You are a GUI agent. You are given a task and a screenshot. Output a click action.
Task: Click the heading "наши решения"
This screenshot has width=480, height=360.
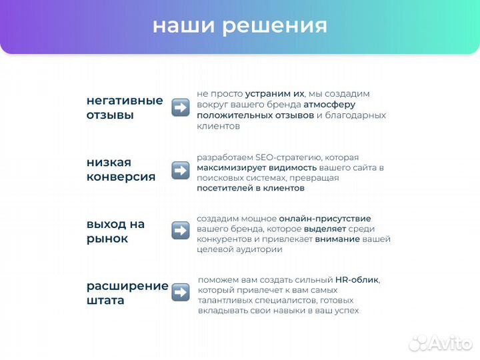[240, 25]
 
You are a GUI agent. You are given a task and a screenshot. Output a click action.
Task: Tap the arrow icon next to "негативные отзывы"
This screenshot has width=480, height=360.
[180, 107]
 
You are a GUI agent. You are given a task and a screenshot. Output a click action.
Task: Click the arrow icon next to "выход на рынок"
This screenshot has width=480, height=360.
[180, 231]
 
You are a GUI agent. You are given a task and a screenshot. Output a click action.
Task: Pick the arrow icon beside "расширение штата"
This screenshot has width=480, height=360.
[180, 292]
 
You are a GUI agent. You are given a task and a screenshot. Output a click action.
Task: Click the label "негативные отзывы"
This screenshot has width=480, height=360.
[125, 107]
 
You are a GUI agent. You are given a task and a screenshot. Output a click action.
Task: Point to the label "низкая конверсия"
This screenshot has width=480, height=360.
[121, 169]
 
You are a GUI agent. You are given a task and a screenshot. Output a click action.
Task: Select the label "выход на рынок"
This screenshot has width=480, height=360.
[115, 231]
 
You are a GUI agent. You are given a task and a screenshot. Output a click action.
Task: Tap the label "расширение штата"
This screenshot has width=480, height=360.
[127, 293]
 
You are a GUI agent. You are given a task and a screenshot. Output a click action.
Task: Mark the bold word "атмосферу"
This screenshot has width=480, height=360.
[329, 105]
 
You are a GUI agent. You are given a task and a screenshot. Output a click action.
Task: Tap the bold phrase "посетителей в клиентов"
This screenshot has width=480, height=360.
[251, 188]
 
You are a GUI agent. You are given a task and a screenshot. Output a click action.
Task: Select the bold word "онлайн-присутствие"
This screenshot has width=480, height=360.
[325, 218]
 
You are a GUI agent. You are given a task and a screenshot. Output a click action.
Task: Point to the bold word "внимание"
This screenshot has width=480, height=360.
[337, 239]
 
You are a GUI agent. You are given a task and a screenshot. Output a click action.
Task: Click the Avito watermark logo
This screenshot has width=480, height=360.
[441, 343]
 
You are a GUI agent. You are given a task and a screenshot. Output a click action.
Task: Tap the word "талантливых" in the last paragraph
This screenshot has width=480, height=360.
[225, 301]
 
